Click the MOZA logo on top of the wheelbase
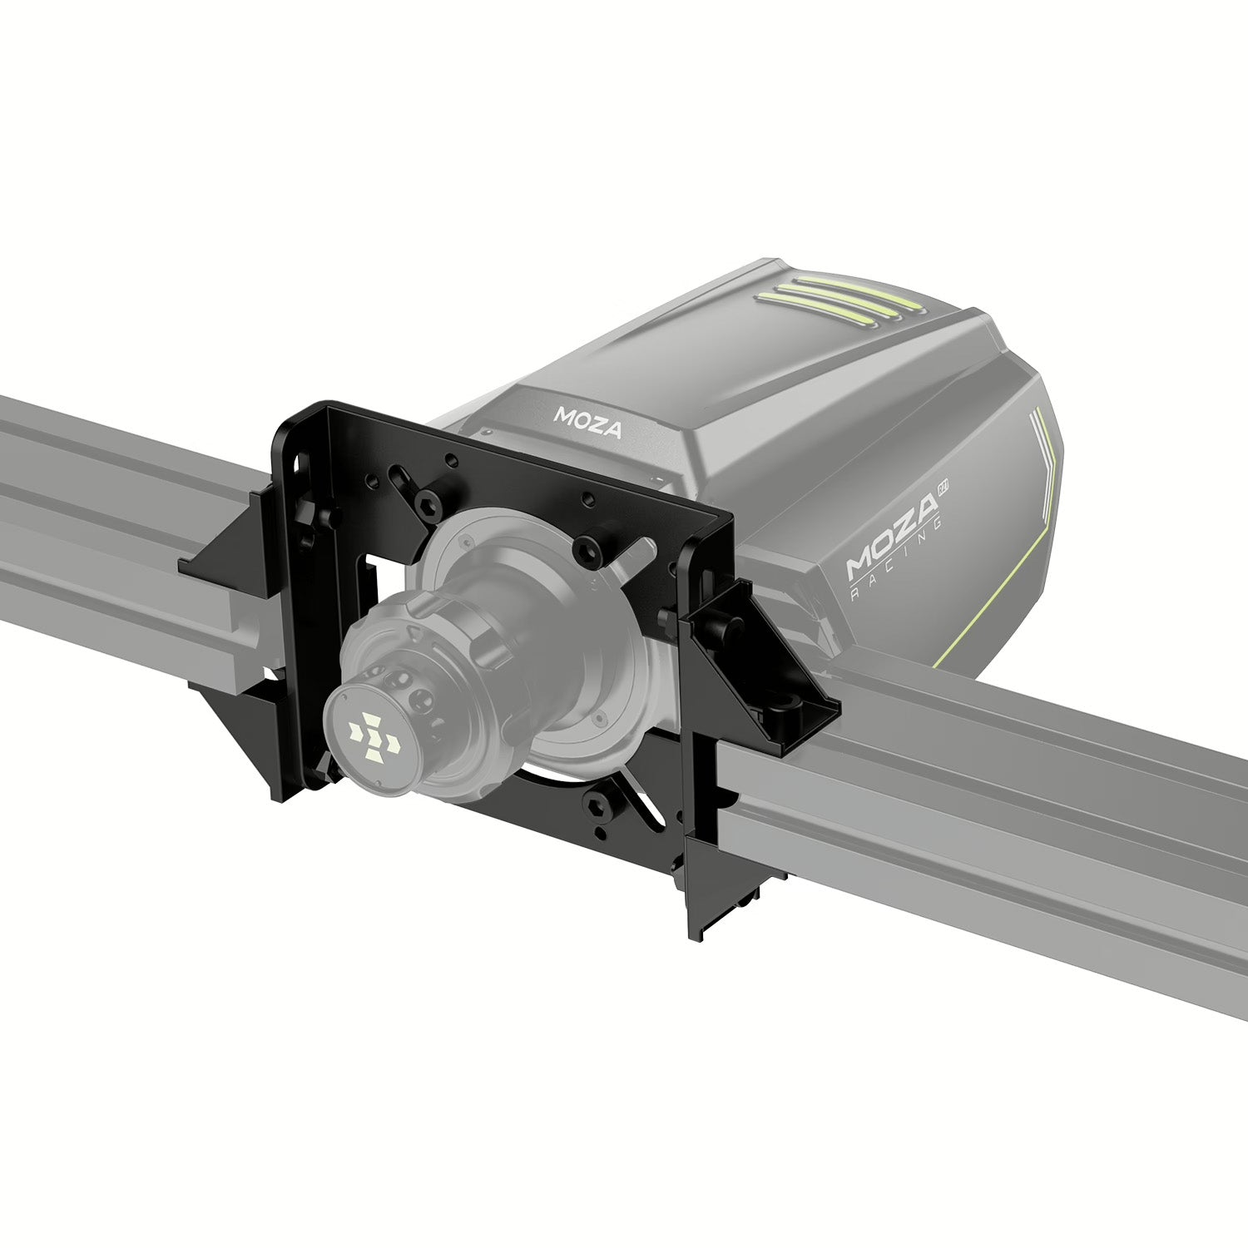click(588, 423)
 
